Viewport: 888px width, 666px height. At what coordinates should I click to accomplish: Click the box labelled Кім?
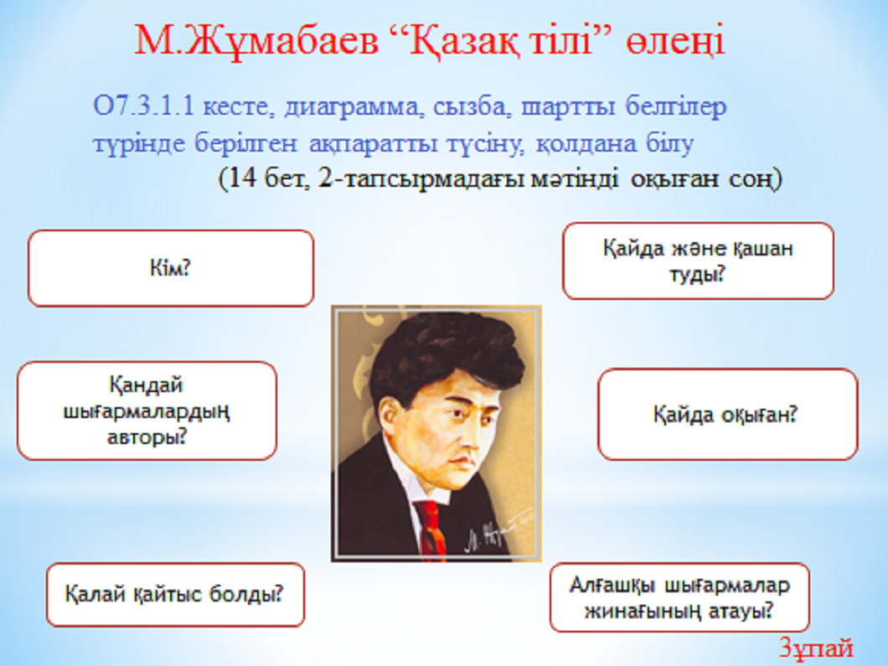[x=170, y=268]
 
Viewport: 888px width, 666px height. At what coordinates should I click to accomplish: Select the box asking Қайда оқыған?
[x=728, y=414]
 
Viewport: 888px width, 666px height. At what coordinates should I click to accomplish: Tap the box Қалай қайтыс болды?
[x=176, y=595]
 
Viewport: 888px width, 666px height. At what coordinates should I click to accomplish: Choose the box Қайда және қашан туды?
[x=699, y=261]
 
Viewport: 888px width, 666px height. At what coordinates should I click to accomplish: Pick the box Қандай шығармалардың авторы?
[x=147, y=410]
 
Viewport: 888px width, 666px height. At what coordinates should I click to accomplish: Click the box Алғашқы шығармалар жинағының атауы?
[x=679, y=597]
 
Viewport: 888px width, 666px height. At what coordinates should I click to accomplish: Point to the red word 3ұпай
[x=816, y=648]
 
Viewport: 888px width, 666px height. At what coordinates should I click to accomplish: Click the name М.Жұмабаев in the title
[x=256, y=41]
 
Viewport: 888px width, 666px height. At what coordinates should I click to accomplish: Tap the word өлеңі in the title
[x=675, y=42]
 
